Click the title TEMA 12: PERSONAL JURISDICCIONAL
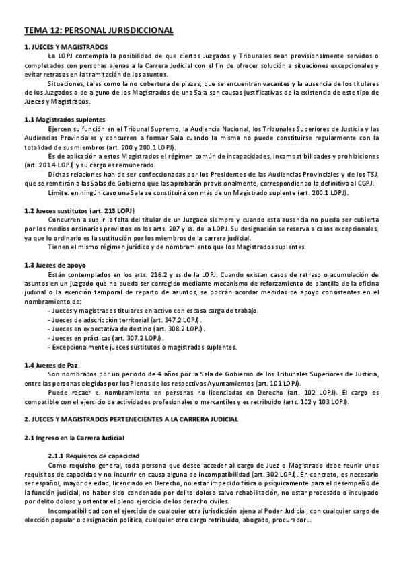[98, 30]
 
